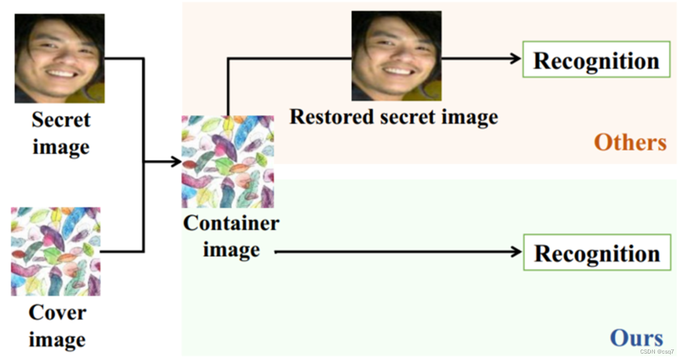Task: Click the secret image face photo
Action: point(59,59)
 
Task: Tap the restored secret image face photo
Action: point(397,56)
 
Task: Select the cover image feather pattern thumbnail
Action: point(56,251)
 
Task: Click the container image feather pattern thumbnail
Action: point(227,162)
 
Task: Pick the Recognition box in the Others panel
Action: point(596,60)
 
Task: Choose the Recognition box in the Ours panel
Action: point(597,253)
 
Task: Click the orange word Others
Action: point(630,142)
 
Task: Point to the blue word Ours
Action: point(636,338)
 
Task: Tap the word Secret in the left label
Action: point(61,120)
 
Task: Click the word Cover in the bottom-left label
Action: point(57,313)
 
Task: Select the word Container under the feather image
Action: point(231,223)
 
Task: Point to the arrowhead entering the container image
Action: point(177,162)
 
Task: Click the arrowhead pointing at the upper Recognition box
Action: point(516,58)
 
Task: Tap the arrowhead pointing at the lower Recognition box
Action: point(516,252)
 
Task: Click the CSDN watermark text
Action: point(657,352)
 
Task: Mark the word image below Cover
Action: point(57,340)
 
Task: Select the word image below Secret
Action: point(61,146)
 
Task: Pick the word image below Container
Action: point(231,250)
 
